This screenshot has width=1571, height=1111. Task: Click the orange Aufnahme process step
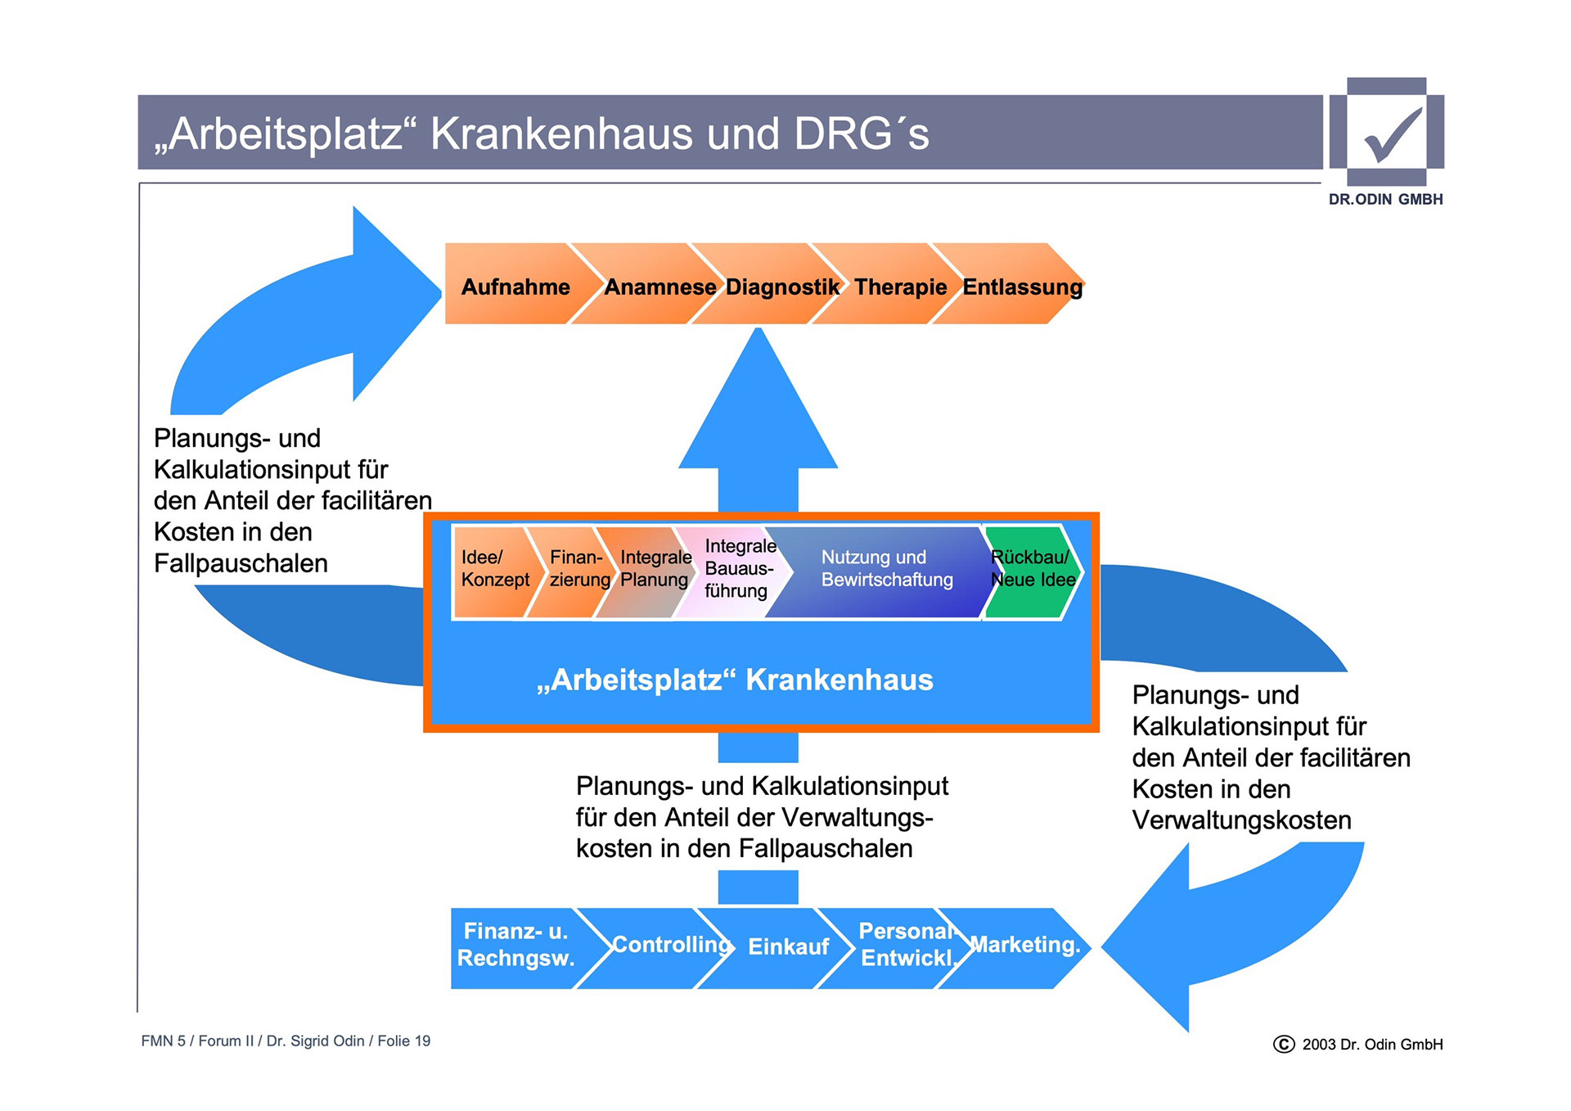click(x=514, y=287)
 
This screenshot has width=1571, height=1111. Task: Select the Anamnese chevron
click(x=659, y=287)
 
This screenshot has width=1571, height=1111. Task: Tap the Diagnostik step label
click(x=781, y=287)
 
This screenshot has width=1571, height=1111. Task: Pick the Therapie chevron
click(x=899, y=287)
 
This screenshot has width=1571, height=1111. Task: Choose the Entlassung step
click(x=1022, y=287)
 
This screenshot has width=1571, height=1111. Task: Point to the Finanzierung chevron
click(x=578, y=569)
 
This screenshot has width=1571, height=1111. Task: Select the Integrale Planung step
click(x=654, y=569)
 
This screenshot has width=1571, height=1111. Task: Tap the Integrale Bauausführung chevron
click(x=737, y=569)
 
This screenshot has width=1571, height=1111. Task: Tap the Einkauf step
click(x=787, y=947)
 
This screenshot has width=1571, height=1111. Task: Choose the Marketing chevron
click(x=1024, y=946)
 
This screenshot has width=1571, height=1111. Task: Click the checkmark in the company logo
click(x=1392, y=135)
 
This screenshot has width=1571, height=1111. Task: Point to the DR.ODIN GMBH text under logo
click(x=1385, y=200)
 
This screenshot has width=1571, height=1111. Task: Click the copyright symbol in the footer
click(x=1284, y=1044)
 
